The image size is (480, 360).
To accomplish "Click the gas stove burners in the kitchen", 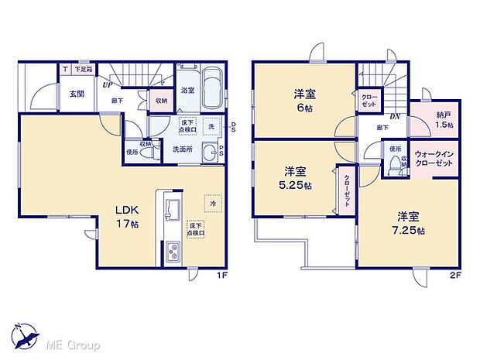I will pos(173,251).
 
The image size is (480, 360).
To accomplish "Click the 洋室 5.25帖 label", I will pos(297,179).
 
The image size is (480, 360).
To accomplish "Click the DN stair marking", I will pos(394,118).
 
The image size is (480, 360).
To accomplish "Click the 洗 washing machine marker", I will pos(211,126).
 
